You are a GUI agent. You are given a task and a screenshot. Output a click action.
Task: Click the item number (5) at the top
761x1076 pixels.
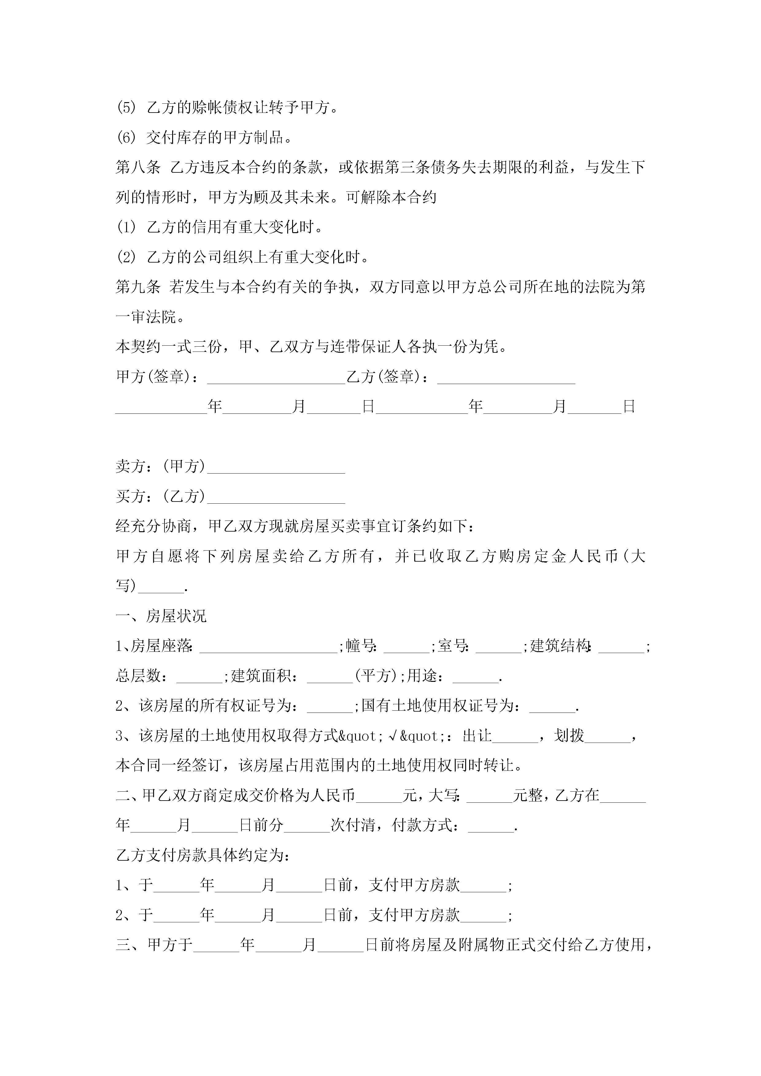[126, 108]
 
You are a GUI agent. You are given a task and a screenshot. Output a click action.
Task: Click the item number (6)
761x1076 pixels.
[126, 138]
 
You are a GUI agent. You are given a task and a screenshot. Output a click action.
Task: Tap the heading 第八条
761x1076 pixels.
[138, 167]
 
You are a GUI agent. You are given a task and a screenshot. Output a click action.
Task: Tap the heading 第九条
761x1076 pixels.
[138, 287]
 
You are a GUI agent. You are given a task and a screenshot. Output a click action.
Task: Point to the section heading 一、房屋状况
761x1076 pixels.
[161, 616]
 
